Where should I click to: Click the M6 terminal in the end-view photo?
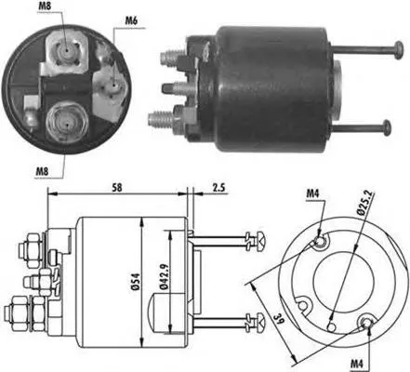coord(111,86)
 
